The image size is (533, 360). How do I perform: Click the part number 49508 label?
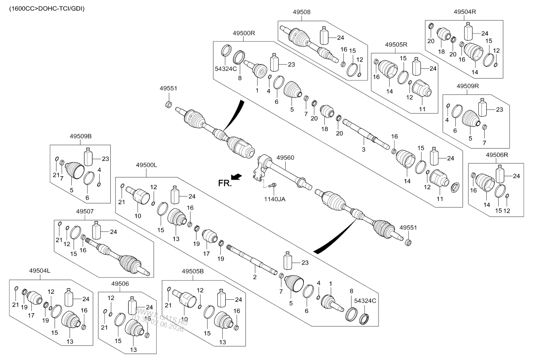(301, 12)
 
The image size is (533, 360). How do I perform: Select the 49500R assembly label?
(244, 33)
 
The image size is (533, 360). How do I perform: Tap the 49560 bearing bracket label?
(285, 157)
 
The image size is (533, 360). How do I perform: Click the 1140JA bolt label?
(275, 199)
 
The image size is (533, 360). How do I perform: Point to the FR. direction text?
(225, 183)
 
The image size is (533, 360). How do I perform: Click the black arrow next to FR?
(236, 177)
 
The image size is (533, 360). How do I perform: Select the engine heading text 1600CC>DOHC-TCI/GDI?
(47, 9)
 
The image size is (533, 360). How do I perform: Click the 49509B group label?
(81, 136)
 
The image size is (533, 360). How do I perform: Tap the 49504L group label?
(40, 271)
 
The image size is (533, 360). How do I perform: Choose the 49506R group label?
(497, 155)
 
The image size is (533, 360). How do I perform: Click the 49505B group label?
(193, 271)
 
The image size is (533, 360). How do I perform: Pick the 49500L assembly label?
(146, 165)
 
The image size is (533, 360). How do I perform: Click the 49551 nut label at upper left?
(168, 88)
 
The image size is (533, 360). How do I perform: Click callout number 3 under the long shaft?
(363, 149)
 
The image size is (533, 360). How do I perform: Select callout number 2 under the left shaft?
(255, 277)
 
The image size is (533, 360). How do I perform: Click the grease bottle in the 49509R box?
(483, 107)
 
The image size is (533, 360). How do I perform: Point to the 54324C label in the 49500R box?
(226, 69)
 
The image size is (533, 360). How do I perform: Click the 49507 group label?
(85, 211)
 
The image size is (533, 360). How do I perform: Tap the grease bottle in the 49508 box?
(324, 36)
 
